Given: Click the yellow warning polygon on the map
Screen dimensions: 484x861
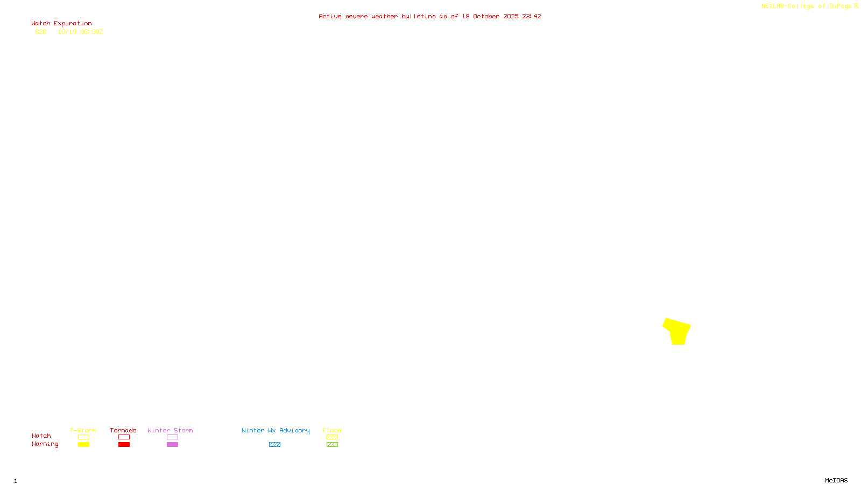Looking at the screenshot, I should coord(677,331).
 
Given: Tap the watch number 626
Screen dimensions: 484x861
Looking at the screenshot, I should coord(41,32).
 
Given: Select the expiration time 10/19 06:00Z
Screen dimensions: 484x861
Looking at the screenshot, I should coord(80,32).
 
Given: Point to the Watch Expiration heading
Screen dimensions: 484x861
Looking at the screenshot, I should coord(61,24).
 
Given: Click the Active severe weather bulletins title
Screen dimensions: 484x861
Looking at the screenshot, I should coord(429,17).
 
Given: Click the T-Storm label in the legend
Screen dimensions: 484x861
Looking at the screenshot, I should coord(83,431).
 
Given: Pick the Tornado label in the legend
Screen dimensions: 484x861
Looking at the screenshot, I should coord(123,431).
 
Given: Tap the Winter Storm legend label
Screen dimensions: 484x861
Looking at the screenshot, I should coord(170,431).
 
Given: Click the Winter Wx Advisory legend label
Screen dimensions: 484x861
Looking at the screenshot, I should coord(276,431).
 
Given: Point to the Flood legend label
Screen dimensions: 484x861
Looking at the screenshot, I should coord(332,431).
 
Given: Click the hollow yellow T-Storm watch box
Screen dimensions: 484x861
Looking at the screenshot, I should coord(83,437).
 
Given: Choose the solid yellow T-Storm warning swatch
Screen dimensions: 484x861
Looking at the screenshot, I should coord(83,445).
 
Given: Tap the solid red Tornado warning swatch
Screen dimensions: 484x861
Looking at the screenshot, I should coord(124,445).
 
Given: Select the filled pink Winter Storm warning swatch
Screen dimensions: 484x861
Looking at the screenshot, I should coord(172,445).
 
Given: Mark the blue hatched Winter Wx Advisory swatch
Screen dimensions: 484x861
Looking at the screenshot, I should coord(274,445).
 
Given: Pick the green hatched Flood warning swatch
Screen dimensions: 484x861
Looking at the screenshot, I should coord(332,445).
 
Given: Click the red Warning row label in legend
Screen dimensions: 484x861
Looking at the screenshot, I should coord(45,444).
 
